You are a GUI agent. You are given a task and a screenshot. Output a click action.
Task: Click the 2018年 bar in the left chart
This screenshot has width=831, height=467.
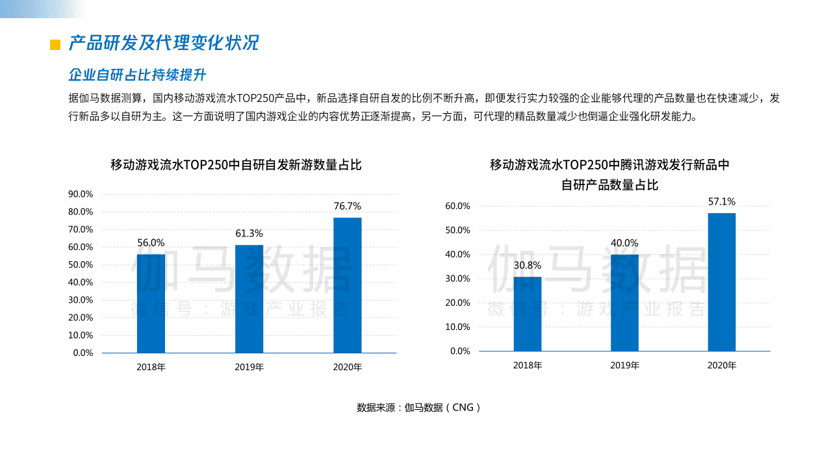[x=151, y=303]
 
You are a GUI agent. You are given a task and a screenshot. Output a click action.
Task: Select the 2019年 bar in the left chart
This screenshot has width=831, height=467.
[x=249, y=299]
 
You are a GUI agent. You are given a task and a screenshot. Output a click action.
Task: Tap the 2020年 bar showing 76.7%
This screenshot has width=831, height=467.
[x=347, y=285]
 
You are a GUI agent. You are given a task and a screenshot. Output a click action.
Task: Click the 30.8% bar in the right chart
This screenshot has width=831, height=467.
[x=527, y=314]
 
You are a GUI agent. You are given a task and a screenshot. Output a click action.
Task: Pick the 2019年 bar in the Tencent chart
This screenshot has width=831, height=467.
[x=624, y=303]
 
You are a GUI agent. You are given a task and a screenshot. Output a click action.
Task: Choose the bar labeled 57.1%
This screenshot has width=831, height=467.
[x=721, y=282]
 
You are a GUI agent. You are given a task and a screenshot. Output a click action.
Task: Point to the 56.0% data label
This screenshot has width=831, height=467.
[x=151, y=243]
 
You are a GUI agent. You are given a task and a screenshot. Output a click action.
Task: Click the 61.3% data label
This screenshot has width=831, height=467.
[x=249, y=233]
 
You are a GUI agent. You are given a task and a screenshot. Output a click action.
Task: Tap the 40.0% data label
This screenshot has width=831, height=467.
[x=624, y=243]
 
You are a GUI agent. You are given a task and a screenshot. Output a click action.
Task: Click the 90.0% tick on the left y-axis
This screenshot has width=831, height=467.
[x=81, y=194]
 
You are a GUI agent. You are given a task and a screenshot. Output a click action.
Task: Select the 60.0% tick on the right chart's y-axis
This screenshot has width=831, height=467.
[x=457, y=206]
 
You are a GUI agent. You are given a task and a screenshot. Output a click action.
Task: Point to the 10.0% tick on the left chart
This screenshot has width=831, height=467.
[x=81, y=335]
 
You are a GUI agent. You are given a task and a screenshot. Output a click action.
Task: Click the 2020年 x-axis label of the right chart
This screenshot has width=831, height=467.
[x=721, y=366]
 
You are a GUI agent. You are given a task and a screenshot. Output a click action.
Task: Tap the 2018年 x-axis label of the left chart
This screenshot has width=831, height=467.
[x=151, y=367]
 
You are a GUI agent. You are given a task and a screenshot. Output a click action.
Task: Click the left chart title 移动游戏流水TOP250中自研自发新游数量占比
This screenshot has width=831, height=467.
[x=236, y=165]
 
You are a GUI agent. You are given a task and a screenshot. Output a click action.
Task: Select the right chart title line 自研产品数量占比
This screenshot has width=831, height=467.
[x=609, y=185]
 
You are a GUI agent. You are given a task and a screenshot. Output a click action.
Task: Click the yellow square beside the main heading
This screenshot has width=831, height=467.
[x=55, y=44]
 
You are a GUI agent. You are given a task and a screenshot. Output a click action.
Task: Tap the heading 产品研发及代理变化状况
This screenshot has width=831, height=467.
[x=164, y=43]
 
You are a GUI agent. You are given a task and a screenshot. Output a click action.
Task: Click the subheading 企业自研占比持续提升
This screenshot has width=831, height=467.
[x=137, y=75]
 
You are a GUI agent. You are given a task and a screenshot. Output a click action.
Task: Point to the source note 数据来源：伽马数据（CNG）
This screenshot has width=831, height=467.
[x=418, y=408]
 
